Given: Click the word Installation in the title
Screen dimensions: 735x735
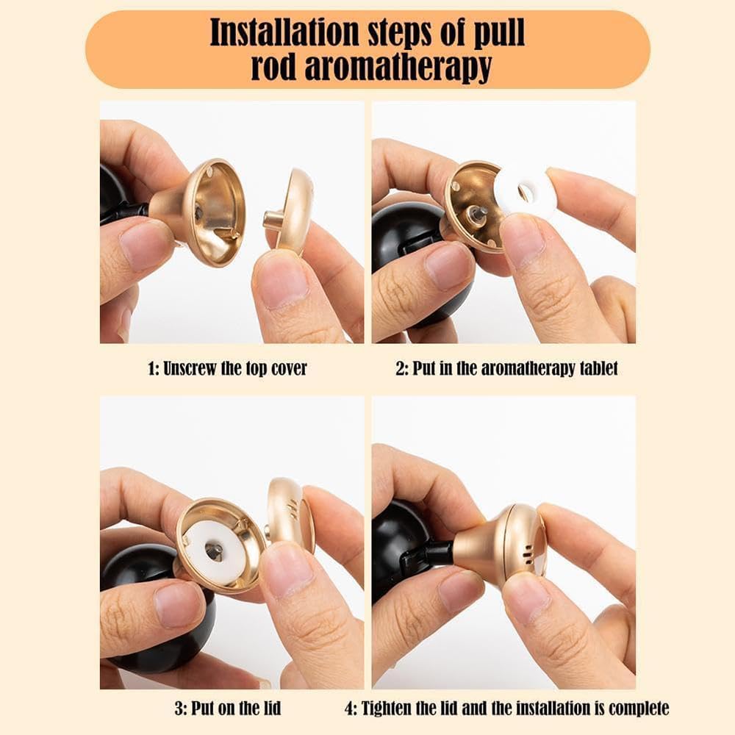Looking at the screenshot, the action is [x=284, y=32].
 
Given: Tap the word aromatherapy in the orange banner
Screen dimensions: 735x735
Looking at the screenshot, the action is [x=398, y=68].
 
